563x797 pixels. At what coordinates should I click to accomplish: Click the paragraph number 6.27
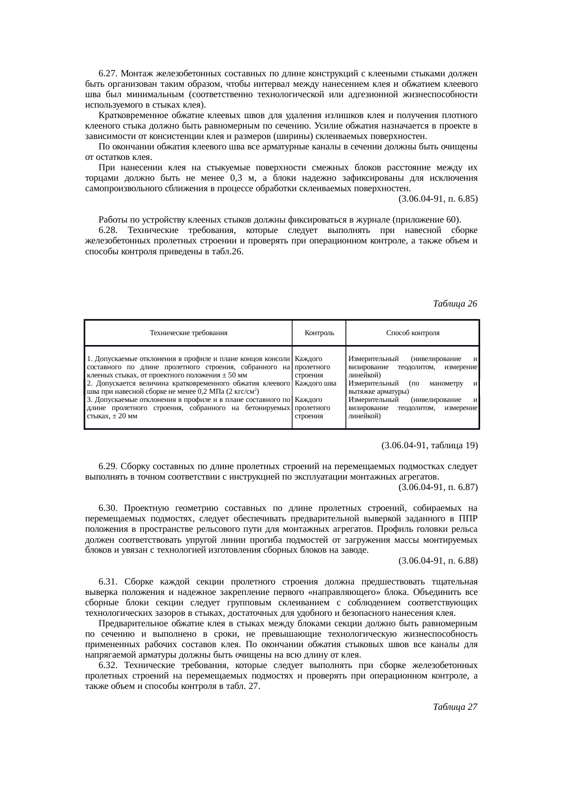109,74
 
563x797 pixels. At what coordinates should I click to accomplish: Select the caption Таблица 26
455,303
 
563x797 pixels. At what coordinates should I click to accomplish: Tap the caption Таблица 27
455,707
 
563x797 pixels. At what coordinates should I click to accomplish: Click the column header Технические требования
188,333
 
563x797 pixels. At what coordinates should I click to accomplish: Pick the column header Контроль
319,333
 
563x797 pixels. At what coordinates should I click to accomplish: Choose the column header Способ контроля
412,333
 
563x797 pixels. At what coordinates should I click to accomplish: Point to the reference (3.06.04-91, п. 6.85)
438,199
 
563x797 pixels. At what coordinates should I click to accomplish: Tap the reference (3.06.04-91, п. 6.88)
438,561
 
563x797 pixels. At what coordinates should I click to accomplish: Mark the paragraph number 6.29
109,466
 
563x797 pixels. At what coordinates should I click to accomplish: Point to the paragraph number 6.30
109,508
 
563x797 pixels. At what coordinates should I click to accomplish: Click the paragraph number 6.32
109,665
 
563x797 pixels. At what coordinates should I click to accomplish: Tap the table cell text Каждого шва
315,383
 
